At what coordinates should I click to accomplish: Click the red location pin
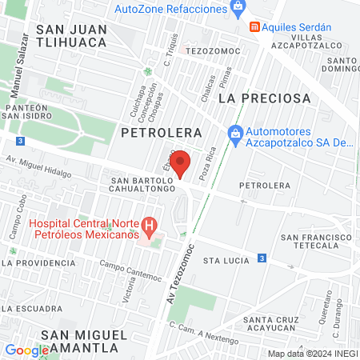181,162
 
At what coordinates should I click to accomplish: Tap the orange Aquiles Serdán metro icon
254,26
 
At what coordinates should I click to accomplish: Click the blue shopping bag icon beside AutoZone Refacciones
237,9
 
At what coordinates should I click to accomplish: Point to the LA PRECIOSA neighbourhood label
263,98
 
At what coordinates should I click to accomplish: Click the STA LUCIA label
222,261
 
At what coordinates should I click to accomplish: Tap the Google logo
26,350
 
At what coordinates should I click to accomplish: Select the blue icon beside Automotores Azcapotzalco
234,133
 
